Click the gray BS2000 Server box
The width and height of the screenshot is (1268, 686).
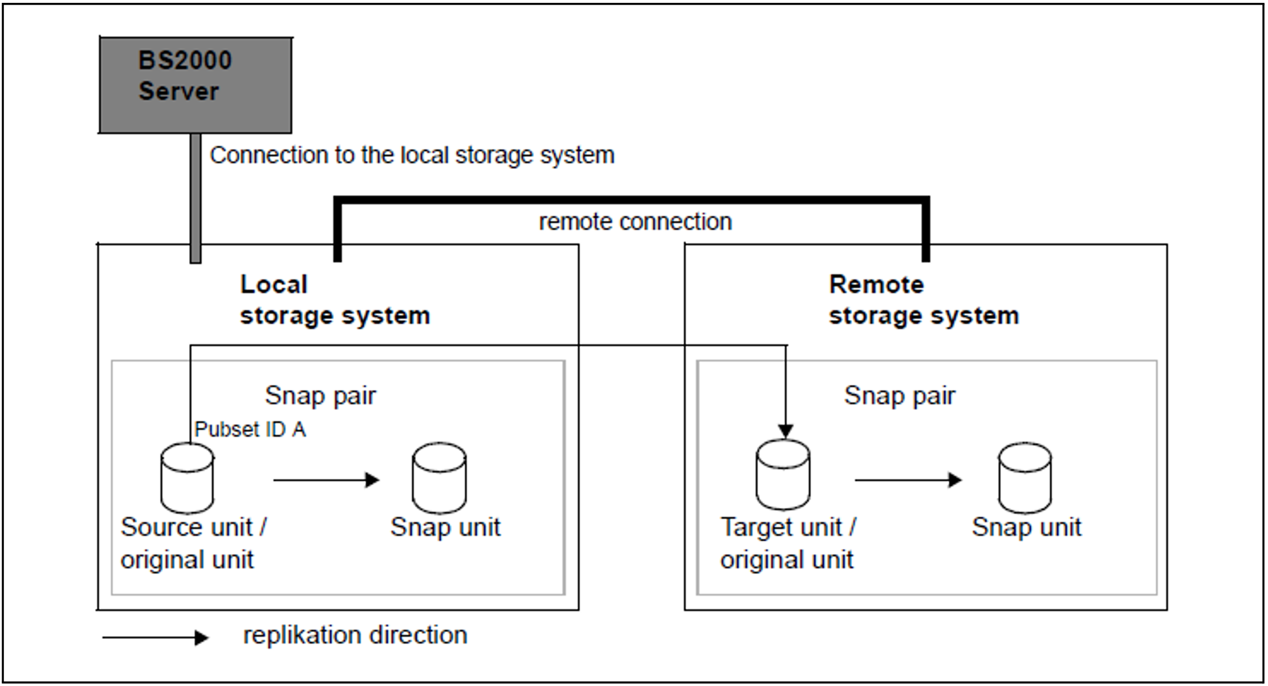[196, 85]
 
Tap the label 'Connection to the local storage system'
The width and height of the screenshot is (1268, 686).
[412, 156]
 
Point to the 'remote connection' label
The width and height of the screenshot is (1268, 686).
[635, 222]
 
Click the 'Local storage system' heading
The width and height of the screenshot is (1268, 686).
[335, 300]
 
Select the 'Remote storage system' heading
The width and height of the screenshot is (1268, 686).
[924, 300]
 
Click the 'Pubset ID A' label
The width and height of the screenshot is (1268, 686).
[250, 429]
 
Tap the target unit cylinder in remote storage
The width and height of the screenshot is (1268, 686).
[783, 475]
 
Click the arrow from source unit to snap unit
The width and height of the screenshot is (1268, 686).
[327, 480]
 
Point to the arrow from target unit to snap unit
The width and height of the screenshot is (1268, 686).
[908, 480]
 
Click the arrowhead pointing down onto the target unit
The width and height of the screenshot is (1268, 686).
[786, 431]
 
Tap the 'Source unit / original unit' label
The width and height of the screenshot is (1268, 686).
[193, 543]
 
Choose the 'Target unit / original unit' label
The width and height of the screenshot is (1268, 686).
[788, 543]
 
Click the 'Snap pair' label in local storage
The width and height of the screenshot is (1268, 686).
[320, 395]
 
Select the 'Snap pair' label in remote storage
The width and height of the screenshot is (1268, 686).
[900, 395]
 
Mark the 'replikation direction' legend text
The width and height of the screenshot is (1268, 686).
[355, 635]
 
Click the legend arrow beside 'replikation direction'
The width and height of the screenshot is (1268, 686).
[156, 638]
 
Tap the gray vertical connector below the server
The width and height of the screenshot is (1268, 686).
[196, 198]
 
